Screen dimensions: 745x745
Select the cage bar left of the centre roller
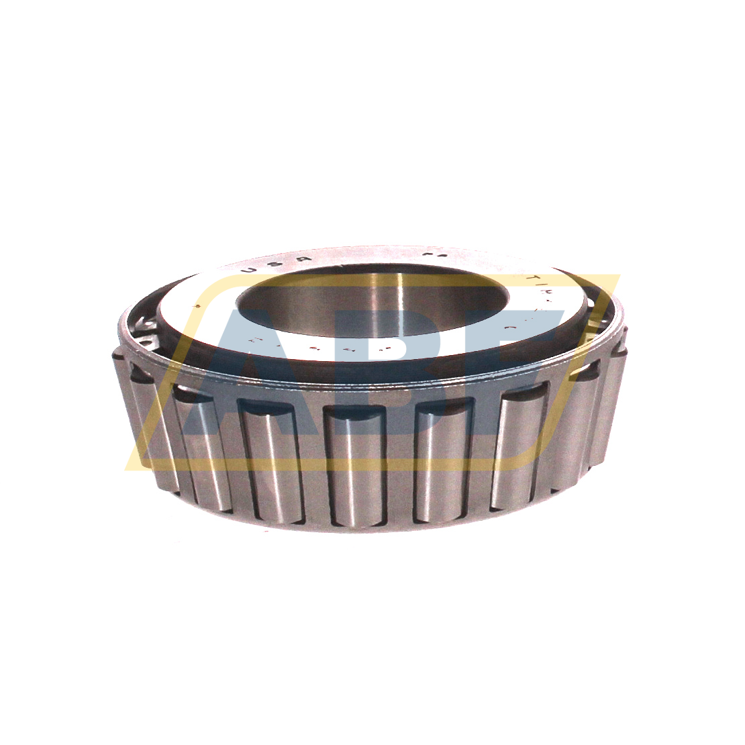pyautogui.click(x=312, y=463)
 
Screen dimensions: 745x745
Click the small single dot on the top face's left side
pyautogui.click(x=195, y=305)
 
